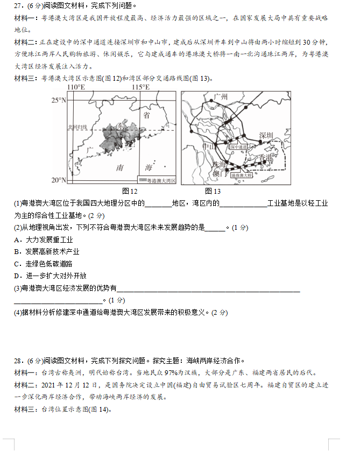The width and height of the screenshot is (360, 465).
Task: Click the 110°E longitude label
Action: tap(76, 87)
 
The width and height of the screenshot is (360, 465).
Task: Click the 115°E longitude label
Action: tap(140, 87)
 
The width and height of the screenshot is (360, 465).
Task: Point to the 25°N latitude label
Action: tap(58, 100)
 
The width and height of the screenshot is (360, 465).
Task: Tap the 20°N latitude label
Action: tap(58, 180)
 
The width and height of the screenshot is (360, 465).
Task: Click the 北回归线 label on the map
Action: tap(77, 128)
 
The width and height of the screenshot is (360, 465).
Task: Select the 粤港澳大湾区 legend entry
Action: tap(158, 180)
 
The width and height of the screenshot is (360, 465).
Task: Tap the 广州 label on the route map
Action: tap(221, 97)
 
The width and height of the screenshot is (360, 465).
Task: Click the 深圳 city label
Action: tap(266, 135)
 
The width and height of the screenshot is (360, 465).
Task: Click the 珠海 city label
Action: tap(219, 165)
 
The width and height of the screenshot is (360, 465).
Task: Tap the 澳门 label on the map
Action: tap(217, 174)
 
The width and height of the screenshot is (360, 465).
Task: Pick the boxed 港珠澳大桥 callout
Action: tap(241, 175)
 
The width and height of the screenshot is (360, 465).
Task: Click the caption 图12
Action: tap(130, 191)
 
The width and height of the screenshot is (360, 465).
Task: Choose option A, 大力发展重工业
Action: tap(44, 239)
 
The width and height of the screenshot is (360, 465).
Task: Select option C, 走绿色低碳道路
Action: tap(44, 264)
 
